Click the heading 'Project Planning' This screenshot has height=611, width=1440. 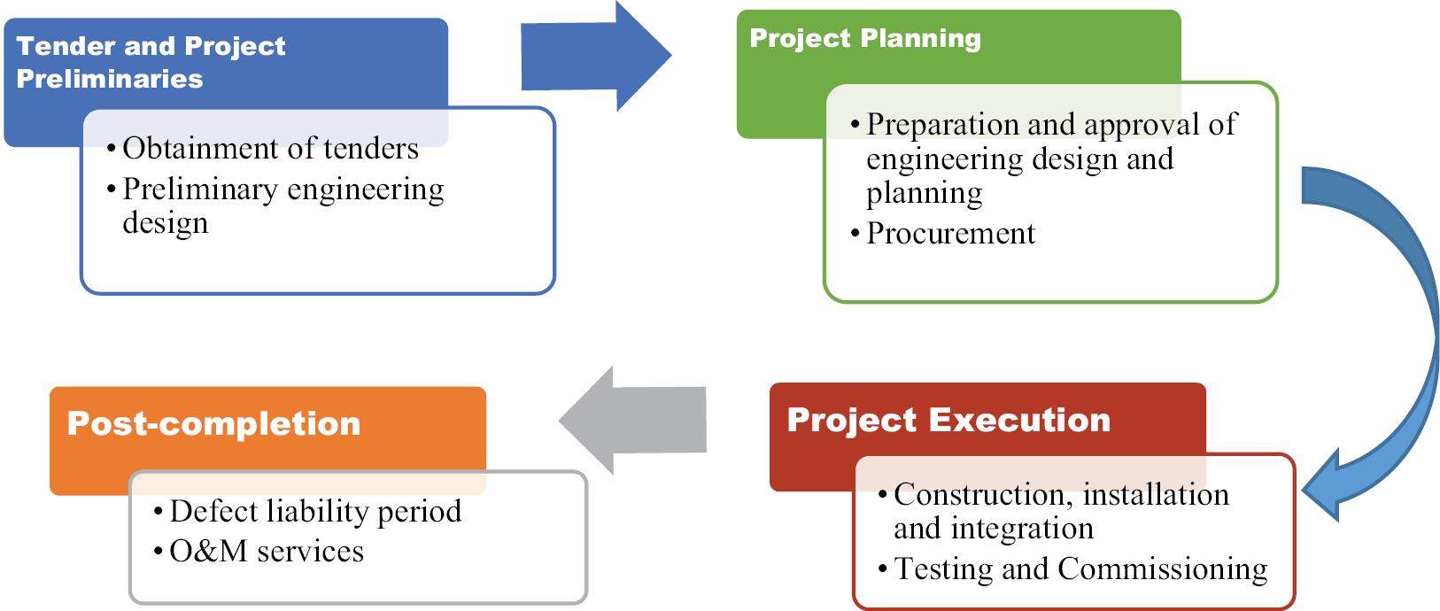pyautogui.click(x=865, y=38)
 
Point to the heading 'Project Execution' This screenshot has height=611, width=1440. pyautogui.click(x=948, y=420)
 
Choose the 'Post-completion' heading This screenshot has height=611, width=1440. pyautogui.click(x=214, y=423)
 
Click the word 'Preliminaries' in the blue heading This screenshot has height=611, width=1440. pyautogui.click(x=110, y=79)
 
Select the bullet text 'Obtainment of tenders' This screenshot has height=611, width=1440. pyautogui.click(x=270, y=148)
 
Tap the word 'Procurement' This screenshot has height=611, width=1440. pyautogui.click(x=950, y=233)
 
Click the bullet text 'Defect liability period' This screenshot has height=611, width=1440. pyautogui.click(x=315, y=511)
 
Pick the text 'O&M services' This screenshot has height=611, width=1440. pyautogui.click(x=267, y=551)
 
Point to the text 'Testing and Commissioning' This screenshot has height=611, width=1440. pyautogui.click(x=1080, y=568)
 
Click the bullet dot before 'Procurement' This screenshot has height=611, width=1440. pyautogui.click(x=855, y=234)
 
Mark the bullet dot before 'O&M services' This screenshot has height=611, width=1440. pyautogui.click(x=159, y=552)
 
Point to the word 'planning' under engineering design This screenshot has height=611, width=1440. pyautogui.click(x=924, y=193)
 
